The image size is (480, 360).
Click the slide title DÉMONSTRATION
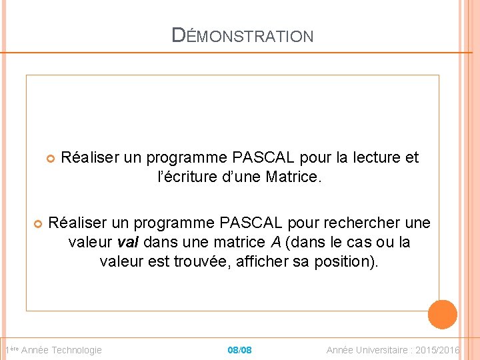(x=242, y=35)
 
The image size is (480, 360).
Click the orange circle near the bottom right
(x=442, y=315)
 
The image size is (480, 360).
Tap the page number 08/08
(x=239, y=350)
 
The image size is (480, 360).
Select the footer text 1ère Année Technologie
(x=53, y=350)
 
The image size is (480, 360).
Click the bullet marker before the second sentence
(x=38, y=223)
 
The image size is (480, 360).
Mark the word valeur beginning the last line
(x=121, y=261)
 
